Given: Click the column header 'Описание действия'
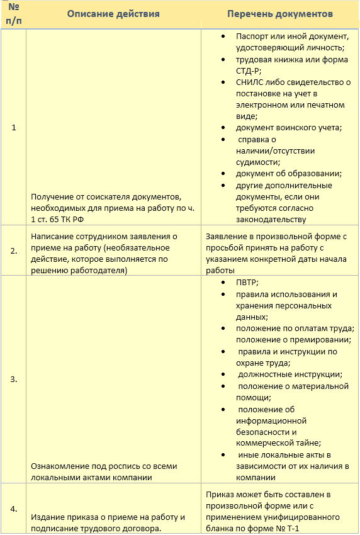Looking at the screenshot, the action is tap(113, 14).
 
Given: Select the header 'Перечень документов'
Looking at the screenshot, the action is tap(279, 14).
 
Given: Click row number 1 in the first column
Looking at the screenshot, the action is tap(13, 128).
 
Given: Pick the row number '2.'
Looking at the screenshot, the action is tap(13, 250).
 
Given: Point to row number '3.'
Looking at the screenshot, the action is tap(13, 379).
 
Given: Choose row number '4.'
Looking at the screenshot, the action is tap(13, 509).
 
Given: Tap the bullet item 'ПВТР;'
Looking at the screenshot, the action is tap(247, 283).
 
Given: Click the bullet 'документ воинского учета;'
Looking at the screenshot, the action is tap(288, 128).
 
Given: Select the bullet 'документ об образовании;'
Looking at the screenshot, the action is tap(288, 173).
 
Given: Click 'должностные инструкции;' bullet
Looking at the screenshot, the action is tap(290, 374).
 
